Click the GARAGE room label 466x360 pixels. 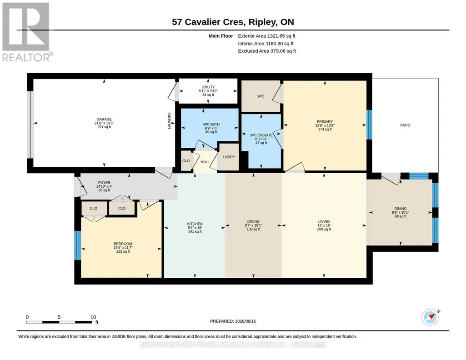(x=104, y=120)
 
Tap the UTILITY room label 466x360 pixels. (x=208, y=87)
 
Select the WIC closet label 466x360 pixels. (x=261, y=96)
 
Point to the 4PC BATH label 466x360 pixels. (x=211, y=125)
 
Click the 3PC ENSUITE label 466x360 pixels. (x=261, y=135)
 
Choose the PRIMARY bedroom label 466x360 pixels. (x=325, y=121)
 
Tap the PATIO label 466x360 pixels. (x=405, y=125)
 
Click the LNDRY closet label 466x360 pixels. (x=229, y=157)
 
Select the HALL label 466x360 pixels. (x=205, y=162)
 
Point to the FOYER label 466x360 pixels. (x=104, y=183)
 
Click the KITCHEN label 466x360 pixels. (x=195, y=224)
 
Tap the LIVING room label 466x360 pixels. (x=324, y=221)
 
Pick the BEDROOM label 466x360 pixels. (x=123, y=244)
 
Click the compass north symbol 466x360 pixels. (x=431, y=317)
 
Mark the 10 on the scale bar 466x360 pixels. (x=93, y=317)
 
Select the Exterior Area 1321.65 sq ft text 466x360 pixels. (x=266, y=36)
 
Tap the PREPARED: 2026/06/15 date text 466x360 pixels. (x=233, y=321)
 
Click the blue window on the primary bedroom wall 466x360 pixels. (x=369, y=125)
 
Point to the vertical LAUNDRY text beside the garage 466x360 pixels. (x=170, y=120)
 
